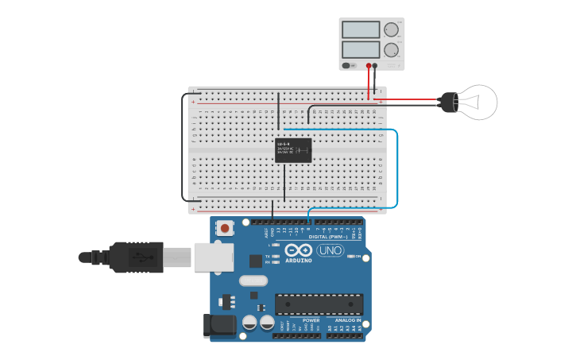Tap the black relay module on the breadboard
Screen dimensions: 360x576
293,150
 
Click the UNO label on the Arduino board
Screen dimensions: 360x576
330,251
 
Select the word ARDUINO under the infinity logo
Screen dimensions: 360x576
299,261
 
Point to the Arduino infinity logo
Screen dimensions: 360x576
299,250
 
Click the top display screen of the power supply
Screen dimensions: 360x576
361,30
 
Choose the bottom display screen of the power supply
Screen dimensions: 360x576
361,49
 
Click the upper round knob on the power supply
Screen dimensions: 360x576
390,30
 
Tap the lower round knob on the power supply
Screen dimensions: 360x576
390,49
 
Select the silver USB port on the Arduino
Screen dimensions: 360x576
214,257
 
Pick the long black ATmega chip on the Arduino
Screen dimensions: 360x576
319,304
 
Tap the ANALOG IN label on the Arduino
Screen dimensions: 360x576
347,320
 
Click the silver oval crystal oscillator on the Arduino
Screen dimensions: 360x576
253,280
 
